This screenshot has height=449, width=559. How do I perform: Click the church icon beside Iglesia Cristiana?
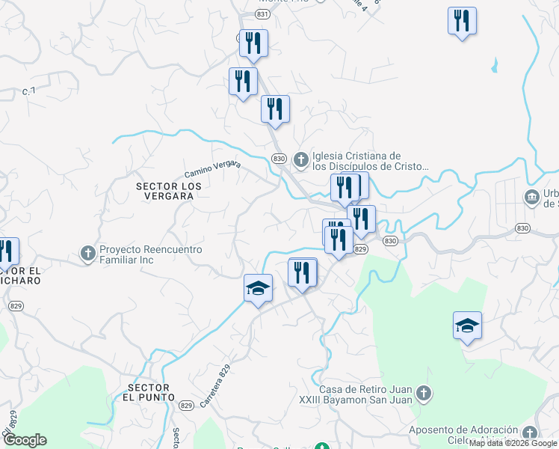click(x=300, y=159)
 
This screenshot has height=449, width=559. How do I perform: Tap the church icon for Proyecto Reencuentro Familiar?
click(x=87, y=252)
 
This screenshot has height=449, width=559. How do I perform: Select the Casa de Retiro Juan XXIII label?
click(x=365, y=394)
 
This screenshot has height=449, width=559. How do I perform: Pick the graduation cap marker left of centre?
click(x=258, y=288)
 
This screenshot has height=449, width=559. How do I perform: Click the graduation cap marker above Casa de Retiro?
click(x=467, y=326)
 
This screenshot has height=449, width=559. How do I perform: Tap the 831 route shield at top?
click(x=262, y=14)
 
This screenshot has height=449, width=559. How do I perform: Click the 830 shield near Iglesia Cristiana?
click(x=279, y=159)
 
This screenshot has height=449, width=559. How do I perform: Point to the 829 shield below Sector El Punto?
click(x=187, y=406)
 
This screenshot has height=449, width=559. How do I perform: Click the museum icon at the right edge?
click(x=531, y=198)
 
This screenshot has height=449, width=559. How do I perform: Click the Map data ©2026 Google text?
click(x=513, y=444)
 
